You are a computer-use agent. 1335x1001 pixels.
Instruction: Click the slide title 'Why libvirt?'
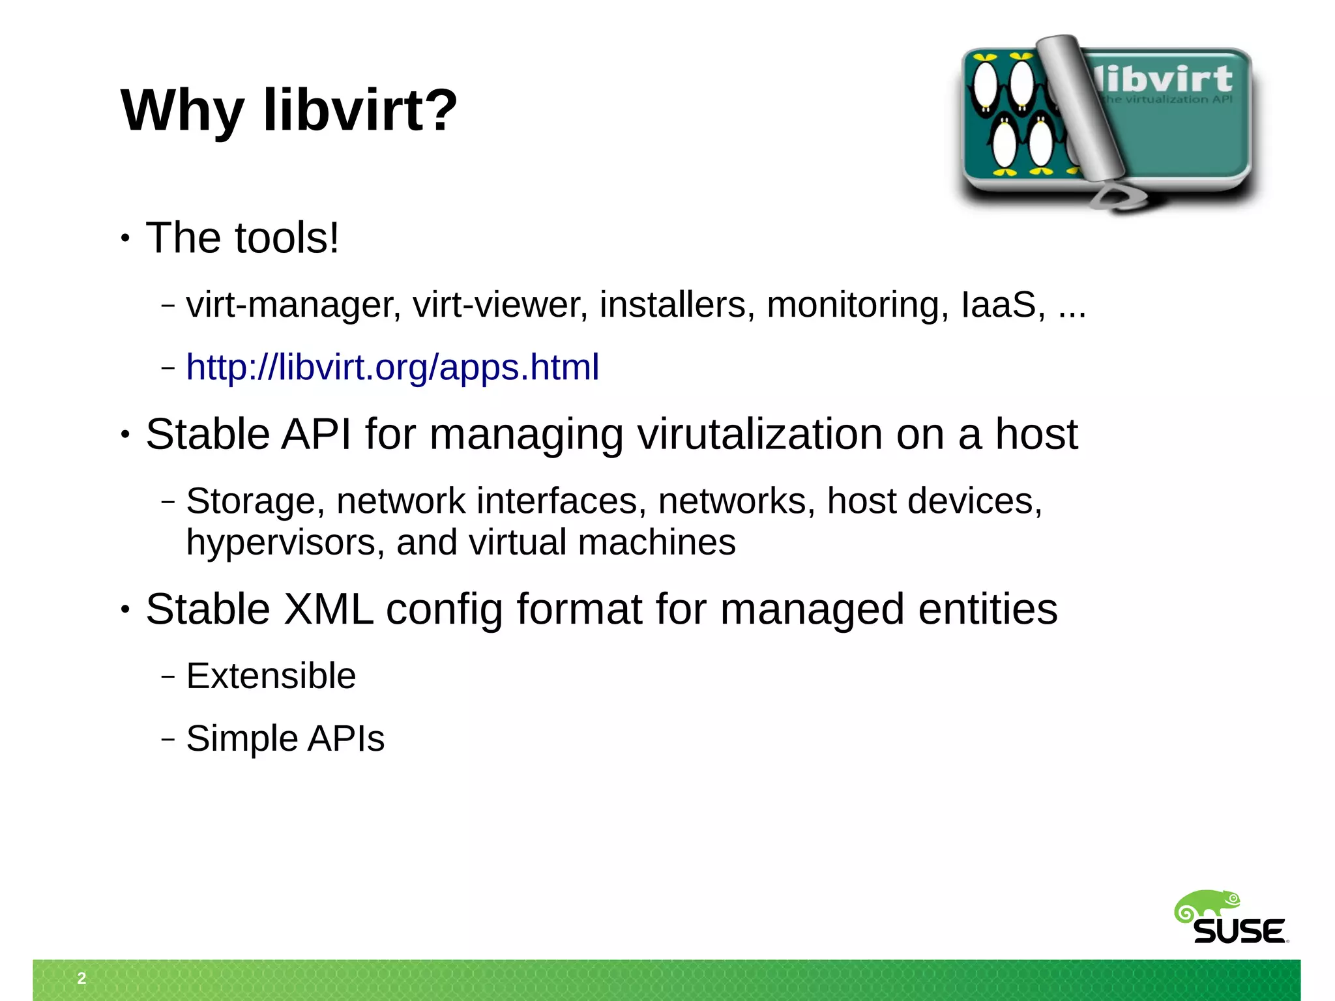pyautogui.click(x=289, y=110)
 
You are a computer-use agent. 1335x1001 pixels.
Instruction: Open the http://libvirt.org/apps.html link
pyautogui.click(x=392, y=367)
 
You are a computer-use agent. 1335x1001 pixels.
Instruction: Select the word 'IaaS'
pyautogui.click(x=998, y=304)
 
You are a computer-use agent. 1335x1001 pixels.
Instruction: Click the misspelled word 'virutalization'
pyautogui.click(x=759, y=435)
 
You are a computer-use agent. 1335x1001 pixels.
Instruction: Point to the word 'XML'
pyautogui.click(x=329, y=609)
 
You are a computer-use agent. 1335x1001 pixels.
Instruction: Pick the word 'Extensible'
pyautogui.click(x=271, y=675)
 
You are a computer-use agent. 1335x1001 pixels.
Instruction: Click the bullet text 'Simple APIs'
pyautogui.click(x=286, y=738)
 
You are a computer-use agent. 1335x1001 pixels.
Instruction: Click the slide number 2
pyautogui.click(x=81, y=978)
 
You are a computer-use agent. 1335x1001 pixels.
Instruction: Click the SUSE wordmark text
pyautogui.click(x=1239, y=931)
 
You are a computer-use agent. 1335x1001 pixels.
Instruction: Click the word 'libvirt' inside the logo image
pyautogui.click(x=1164, y=80)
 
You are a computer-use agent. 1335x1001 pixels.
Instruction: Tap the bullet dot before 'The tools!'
pyautogui.click(x=126, y=238)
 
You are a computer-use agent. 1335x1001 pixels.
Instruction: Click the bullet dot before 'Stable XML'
pyautogui.click(x=126, y=610)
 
